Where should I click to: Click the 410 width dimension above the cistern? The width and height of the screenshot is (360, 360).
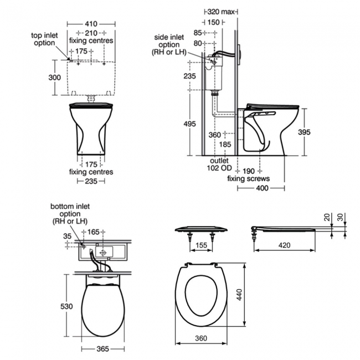pyautogui.click(x=91, y=24)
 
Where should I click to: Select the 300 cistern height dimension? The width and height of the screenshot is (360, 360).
pyautogui.click(x=54, y=78)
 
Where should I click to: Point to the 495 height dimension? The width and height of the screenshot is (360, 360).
pyautogui.click(x=189, y=124)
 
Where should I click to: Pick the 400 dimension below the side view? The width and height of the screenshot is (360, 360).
pyautogui.click(x=261, y=188)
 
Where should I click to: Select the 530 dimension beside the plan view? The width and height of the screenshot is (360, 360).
pyautogui.click(x=66, y=306)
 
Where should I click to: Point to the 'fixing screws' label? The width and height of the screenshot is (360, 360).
pyautogui.click(x=248, y=178)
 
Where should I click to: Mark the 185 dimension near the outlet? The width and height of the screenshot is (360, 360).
pyautogui.click(x=225, y=145)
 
